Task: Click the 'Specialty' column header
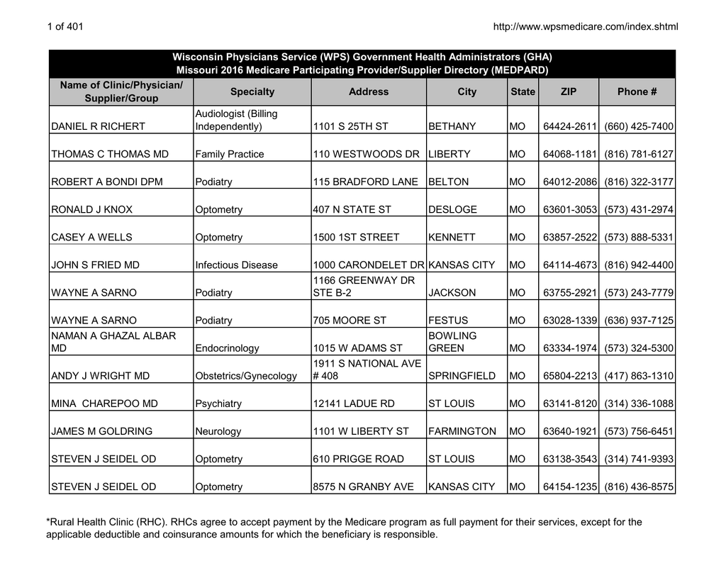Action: pyautogui.click(x=252, y=92)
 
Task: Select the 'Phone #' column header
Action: pyautogui.click(x=637, y=92)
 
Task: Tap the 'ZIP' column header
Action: pyautogui.click(x=569, y=92)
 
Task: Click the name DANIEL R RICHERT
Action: pyautogui.click(x=98, y=127)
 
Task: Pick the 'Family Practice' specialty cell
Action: pyautogui.click(x=229, y=155)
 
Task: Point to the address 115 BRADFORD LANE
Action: pyautogui.click(x=365, y=182)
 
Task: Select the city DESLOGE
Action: pyautogui.click(x=453, y=210)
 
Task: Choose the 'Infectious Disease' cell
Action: pyautogui.click(x=236, y=265)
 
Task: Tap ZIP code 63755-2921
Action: pyautogui.click(x=570, y=293)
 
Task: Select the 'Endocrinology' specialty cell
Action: pyautogui.click(x=227, y=348)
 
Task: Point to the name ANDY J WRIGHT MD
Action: pyautogui.click(x=100, y=376)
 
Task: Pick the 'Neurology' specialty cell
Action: pyautogui.click(x=218, y=431)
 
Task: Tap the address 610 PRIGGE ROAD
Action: pyautogui.click(x=358, y=459)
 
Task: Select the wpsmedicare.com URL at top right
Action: pyautogui.click(x=585, y=27)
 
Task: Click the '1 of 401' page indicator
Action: pyautogui.click(x=65, y=27)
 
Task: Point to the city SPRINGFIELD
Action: pyautogui.click(x=462, y=376)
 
